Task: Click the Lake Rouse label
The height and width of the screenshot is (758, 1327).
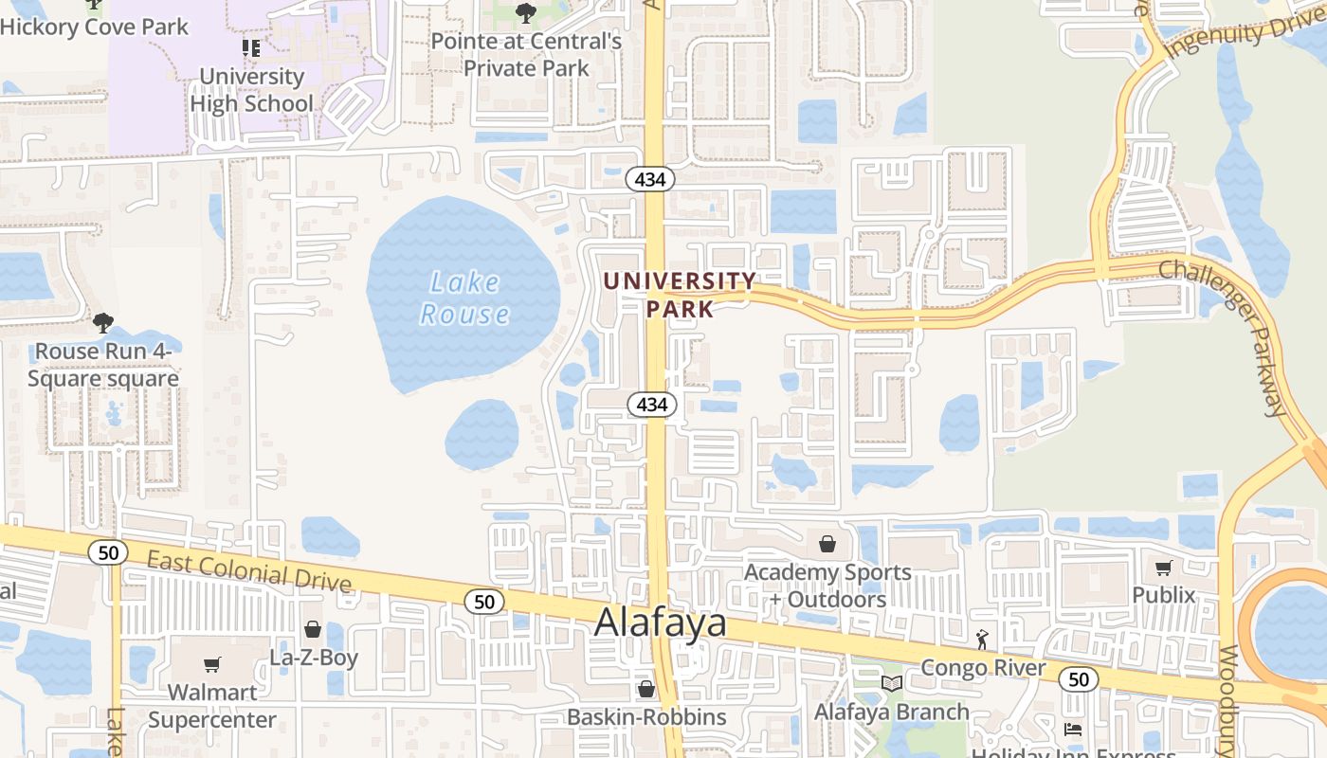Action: coord(464,298)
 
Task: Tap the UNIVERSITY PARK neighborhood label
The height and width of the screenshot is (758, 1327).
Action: coord(681,295)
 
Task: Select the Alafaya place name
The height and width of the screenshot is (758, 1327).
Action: coord(661,623)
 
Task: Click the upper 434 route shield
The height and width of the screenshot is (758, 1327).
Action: coord(650,179)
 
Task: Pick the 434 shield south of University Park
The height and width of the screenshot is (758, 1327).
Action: coord(652,405)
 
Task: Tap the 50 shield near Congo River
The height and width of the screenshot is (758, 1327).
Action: coord(1079,678)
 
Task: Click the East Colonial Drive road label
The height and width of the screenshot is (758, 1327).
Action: coord(248,571)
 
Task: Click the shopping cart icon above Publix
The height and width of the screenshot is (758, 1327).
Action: coord(1164,568)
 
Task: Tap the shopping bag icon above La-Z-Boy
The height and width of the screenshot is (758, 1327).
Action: coord(312,629)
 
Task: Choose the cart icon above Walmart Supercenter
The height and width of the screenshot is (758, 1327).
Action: coord(212,665)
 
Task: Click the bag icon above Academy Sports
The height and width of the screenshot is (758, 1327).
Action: coord(827,544)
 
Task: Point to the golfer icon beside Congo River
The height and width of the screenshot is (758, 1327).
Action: coord(982,641)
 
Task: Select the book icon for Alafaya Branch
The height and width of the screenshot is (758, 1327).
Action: coord(891,684)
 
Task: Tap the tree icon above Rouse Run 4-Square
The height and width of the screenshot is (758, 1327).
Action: coord(102,323)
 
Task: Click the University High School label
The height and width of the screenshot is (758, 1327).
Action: coord(251,89)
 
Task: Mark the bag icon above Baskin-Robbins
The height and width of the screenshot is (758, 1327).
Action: coord(645,689)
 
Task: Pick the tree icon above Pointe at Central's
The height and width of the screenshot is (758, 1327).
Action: coord(525,13)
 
